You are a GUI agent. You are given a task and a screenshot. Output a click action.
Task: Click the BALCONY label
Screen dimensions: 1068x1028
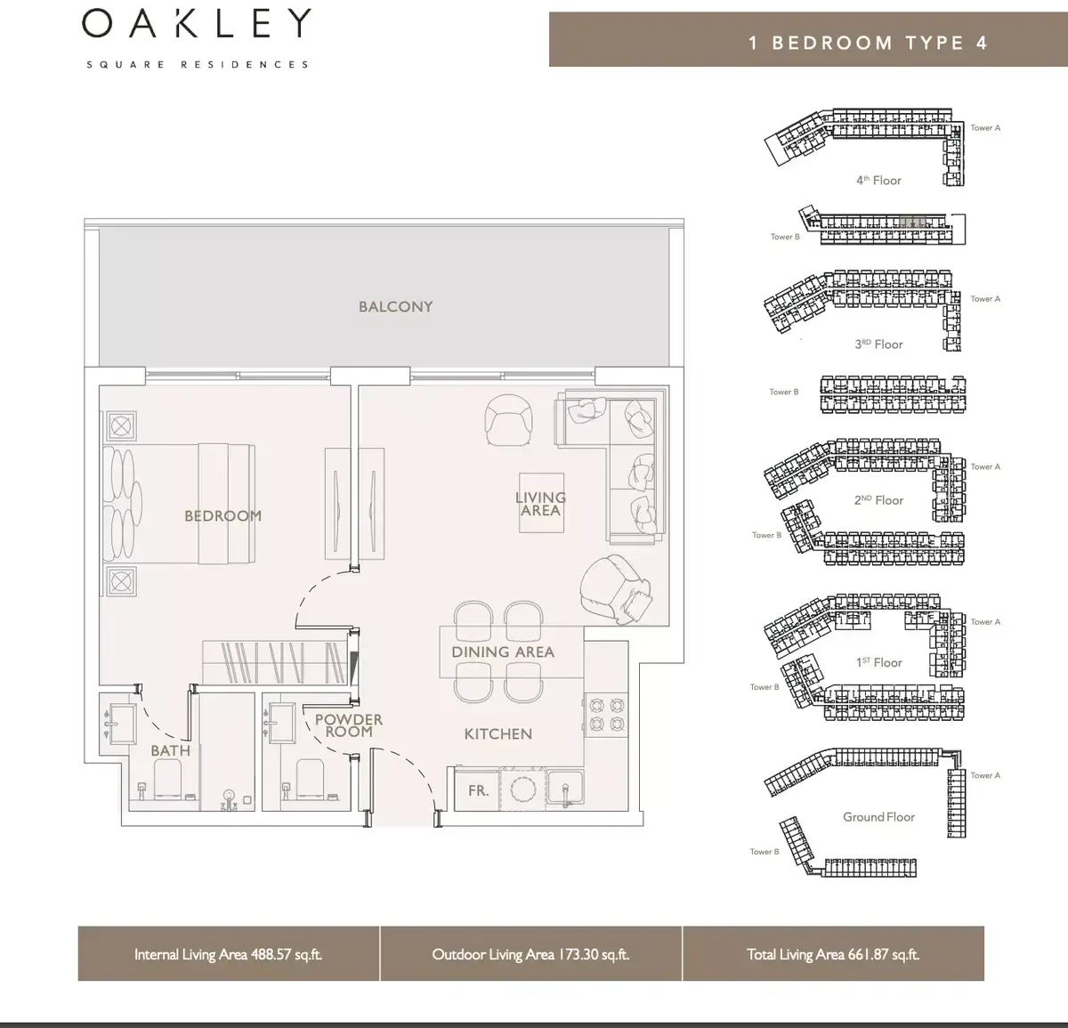tap(396, 306)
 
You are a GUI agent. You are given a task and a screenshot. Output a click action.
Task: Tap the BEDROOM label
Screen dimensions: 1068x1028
tap(222, 516)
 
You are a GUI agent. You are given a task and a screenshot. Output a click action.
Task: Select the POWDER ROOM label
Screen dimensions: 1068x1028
tap(349, 725)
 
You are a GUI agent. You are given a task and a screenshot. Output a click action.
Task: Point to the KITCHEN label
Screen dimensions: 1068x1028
tap(498, 733)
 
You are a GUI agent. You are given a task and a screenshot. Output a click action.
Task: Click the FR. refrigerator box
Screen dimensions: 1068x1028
tap(477, 790)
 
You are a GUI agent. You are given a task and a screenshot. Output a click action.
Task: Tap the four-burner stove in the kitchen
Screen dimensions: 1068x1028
tap(606, 715)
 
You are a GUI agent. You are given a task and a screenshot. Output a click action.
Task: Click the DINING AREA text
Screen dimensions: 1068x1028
tap(503, 652)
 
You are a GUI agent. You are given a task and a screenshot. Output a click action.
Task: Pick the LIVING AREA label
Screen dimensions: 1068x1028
tap(540, 504)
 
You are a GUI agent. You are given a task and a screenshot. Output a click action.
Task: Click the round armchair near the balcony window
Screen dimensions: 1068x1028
tap(509, 420)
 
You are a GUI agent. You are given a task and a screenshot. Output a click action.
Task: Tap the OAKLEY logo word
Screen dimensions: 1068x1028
tap(197, 23)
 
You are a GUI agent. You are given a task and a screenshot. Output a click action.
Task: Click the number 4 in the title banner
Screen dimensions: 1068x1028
tap(982, 44)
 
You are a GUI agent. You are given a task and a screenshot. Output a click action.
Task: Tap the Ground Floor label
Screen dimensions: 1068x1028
tap(878, 817)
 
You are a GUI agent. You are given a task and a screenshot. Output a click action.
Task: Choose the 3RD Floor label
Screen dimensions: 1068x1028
tap(878, 344)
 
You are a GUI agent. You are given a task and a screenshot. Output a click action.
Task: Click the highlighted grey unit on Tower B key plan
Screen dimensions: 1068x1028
tap(912, 223)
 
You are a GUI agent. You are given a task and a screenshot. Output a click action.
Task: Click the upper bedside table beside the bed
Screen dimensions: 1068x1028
tap(121, 425)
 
